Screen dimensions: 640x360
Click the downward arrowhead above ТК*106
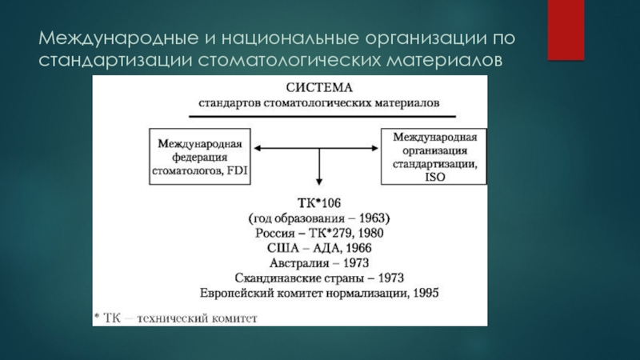[319, 182]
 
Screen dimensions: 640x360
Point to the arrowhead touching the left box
[257, 147]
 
